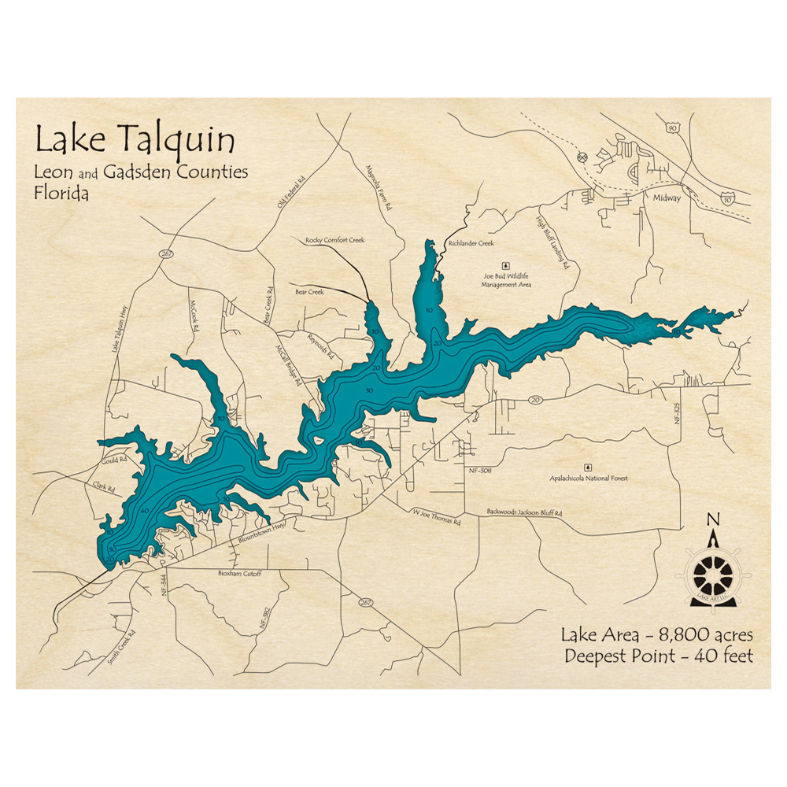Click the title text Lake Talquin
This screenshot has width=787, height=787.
135,142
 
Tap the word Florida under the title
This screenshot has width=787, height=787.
61,193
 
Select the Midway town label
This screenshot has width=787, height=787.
666,198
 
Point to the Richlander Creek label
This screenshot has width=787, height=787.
471,244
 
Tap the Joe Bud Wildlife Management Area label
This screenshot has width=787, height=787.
506,280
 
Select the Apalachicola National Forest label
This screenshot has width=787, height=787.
588,478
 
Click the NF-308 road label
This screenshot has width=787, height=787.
479,470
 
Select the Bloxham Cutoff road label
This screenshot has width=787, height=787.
239,574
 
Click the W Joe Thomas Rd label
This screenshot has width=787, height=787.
437,516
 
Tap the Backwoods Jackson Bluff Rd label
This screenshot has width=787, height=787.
524,512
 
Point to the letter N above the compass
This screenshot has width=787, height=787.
713,519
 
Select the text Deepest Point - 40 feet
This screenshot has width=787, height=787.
658,656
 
